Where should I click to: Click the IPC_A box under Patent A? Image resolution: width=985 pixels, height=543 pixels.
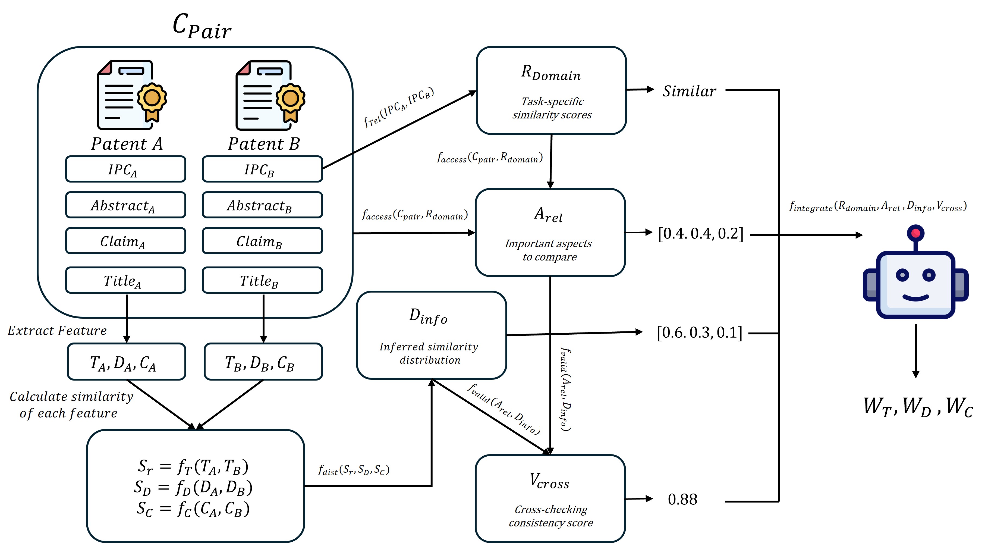coord(125,169)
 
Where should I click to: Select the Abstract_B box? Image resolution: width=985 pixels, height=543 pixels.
coord(262,205)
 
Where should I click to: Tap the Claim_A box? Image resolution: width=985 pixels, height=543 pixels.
coord(125,240)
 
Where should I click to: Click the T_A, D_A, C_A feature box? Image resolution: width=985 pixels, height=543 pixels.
coord(127,361)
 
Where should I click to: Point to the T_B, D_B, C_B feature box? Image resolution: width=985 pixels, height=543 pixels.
coord(263,361)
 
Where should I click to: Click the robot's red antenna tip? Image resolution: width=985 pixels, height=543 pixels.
coord(915,233)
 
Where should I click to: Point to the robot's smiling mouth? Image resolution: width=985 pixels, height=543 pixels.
coord(915,297)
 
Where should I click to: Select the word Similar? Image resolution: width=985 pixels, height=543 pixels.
coord(690,91)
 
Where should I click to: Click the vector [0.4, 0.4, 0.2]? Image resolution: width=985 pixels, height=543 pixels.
coord(700,233)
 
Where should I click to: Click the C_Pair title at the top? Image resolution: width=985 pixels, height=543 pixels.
coord(202,26)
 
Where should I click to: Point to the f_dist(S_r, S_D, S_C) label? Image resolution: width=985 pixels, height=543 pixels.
coord(354,470)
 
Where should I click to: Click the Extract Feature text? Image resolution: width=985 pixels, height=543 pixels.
coord(57,330)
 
